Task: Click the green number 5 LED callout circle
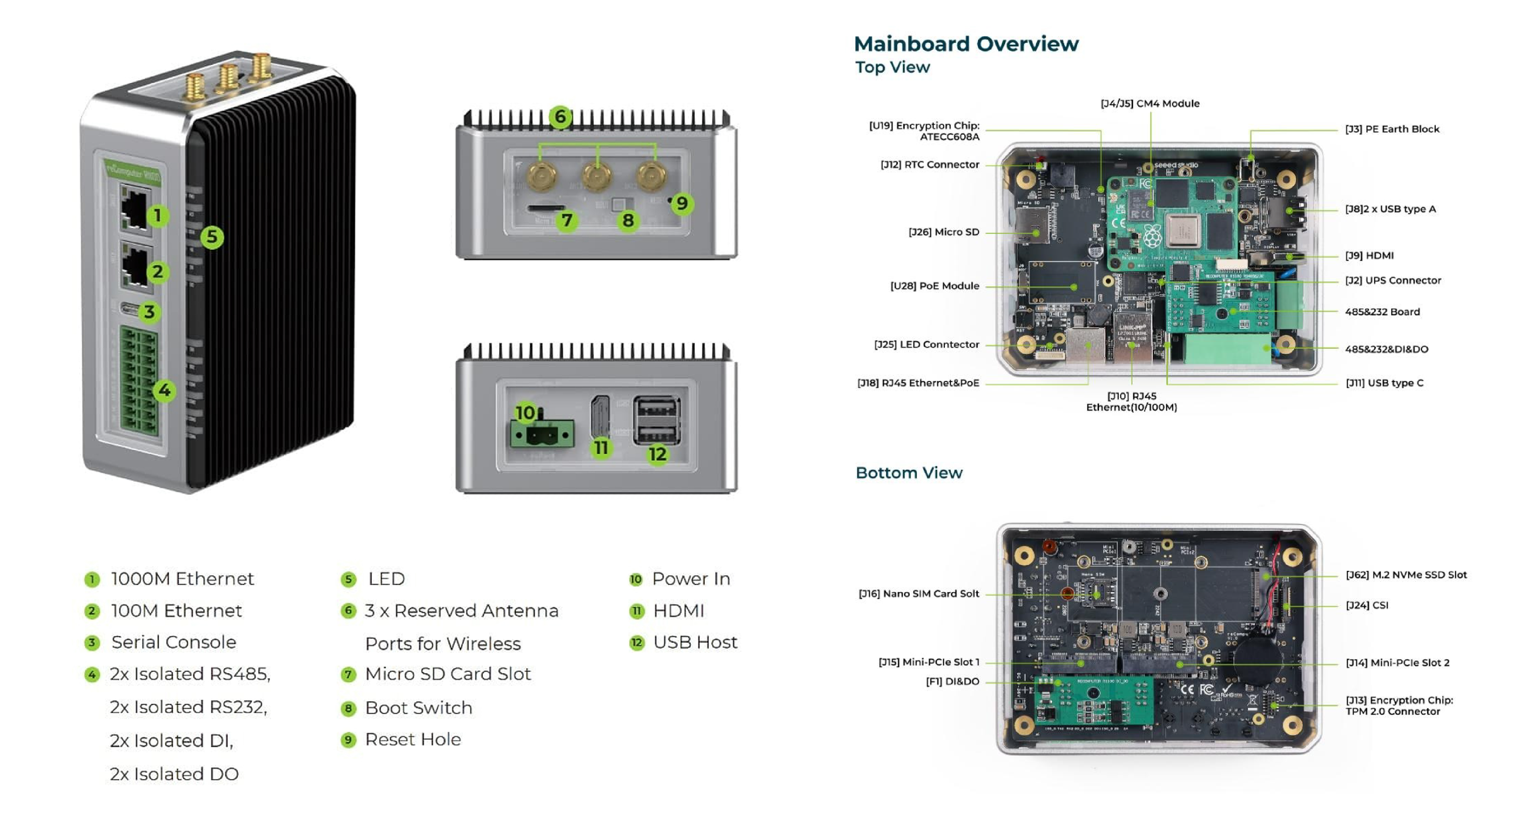point(212,237)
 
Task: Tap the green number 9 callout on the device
point(682,204)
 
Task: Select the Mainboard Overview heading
point(966,44)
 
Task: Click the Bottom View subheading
point(909,473)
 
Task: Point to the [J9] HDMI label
point(1369,255)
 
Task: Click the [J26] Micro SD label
point(943,232)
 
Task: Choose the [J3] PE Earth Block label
point(1392,129)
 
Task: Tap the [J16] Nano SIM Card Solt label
point(919,594)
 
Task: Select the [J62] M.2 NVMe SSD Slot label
point(1406,575)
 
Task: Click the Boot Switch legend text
point(418,708)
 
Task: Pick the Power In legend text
point(691,579)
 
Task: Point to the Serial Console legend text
point(174,642)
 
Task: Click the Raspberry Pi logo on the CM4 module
point(1152,236)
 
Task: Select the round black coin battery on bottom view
point(1256,662)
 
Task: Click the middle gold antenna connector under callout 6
point(597,176)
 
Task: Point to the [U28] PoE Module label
point(934,286)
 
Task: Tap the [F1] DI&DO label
point(952,682)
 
